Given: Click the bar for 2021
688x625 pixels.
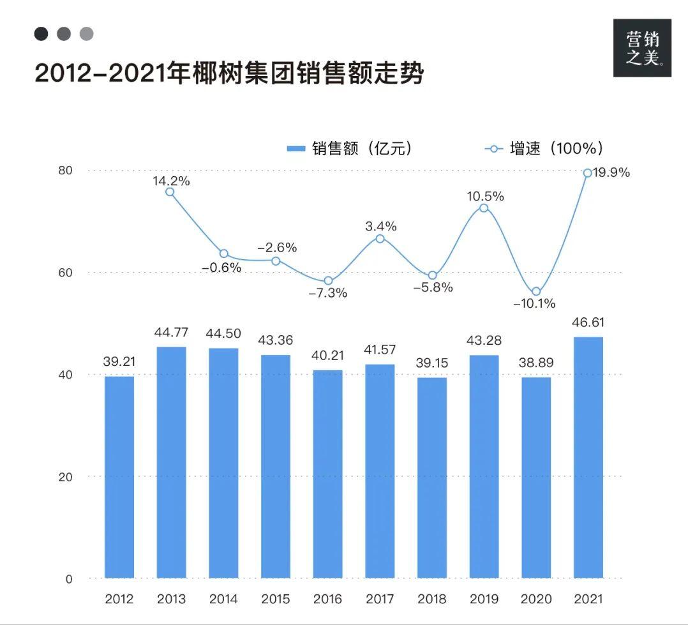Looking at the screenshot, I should [588, 457].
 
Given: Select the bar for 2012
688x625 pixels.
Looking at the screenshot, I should [119, 477].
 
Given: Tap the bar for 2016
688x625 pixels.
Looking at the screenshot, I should [327, 474].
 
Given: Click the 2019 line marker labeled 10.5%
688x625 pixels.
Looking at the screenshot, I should [484, 208].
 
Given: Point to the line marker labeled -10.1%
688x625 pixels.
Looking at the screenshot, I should [536, 292].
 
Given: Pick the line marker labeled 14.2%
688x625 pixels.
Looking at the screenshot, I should [170, 192].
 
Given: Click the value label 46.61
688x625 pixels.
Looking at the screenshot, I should [588, 322].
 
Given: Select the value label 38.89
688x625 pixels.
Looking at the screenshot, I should [536, 363].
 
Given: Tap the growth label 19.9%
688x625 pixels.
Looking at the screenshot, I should [611, 172].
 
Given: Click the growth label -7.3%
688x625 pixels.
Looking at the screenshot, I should [328, 294].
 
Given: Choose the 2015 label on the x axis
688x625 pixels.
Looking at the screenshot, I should [275, 599].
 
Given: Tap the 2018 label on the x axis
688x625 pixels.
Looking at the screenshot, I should [431, 599].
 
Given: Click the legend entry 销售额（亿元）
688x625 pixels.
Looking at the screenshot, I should [350, 149].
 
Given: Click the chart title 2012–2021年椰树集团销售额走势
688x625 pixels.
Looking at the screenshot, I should [229, 73].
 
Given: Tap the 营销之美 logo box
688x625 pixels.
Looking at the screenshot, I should [642, 48].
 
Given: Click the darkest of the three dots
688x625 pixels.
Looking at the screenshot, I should [41, 34].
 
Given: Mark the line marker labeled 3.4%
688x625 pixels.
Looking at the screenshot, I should [380, 239].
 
